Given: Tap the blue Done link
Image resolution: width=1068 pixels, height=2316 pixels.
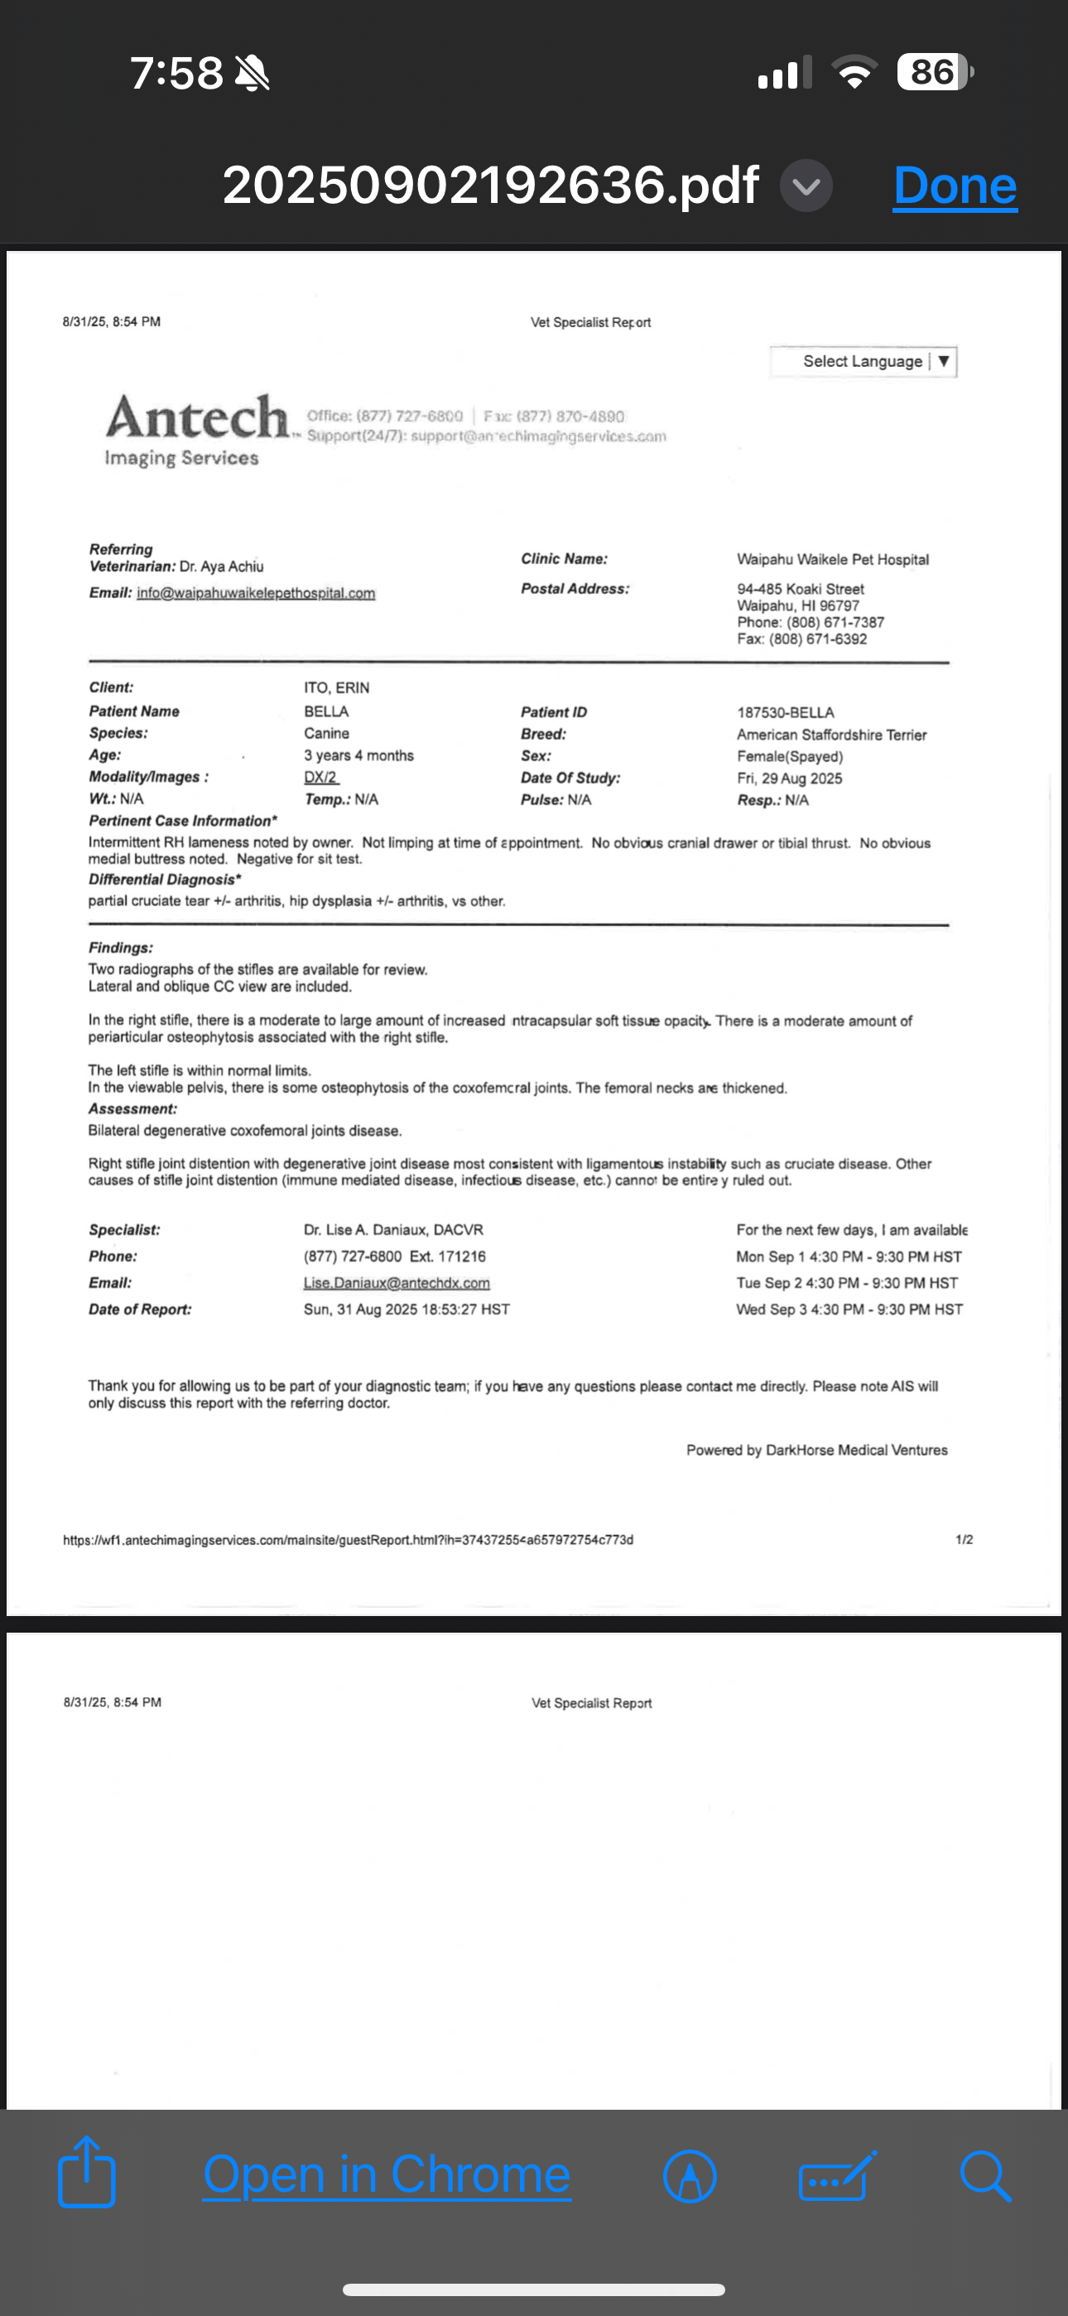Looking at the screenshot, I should (955, 186).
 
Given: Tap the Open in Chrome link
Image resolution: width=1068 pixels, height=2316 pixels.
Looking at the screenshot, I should (387, 2176).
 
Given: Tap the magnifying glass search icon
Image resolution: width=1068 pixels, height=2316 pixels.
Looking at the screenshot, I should (985, 2176).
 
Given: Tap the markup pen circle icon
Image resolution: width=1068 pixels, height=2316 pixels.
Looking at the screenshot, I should (690, 2177).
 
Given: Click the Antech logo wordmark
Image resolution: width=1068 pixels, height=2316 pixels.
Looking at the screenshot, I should (198, 418).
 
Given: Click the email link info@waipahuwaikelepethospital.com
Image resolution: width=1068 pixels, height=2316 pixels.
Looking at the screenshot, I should (255, 593).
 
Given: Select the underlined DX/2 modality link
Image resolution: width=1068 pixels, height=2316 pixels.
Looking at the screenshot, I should (321, 778).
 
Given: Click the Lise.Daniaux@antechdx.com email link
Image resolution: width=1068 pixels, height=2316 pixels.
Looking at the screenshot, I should (397, 1283).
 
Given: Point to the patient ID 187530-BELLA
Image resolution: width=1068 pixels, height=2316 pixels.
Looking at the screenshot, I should (786, 712).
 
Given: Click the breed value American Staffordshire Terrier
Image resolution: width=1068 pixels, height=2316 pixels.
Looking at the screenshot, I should (831, 735).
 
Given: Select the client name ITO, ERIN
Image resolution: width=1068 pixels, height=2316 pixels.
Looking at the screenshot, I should (336, 688).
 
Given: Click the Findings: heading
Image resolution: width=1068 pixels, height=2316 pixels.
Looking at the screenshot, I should (121, 948).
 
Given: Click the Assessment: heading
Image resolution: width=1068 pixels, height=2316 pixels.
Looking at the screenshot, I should (132, 1109).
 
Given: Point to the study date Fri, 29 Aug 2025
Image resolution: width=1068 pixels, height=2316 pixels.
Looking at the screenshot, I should (789, 779).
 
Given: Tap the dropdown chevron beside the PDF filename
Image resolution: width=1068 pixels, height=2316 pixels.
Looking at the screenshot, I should (806, 186).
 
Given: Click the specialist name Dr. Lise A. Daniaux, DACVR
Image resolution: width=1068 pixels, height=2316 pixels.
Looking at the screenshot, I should (393, 1230).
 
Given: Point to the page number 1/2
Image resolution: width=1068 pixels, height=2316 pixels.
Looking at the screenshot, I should (964, 1540).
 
